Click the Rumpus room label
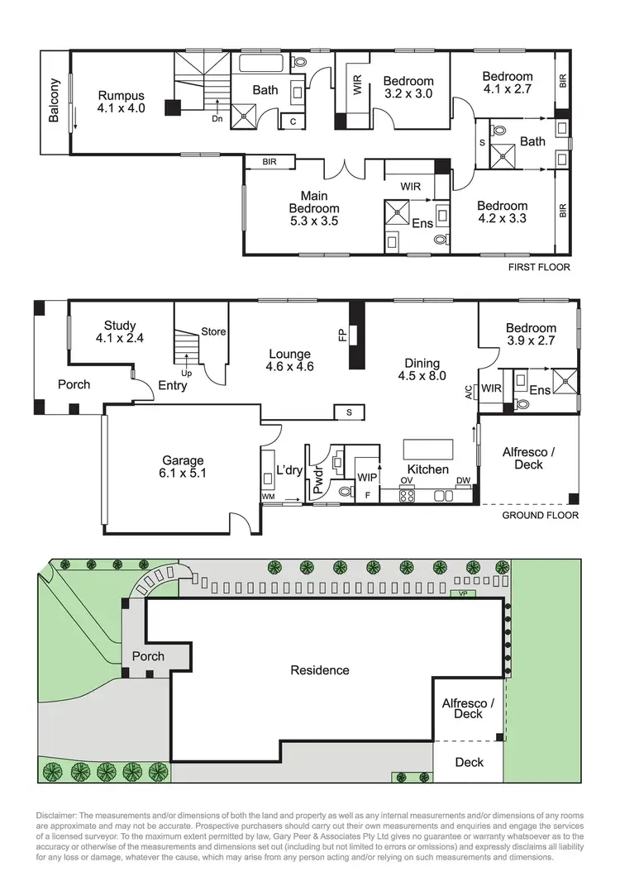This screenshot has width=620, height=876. pos(121,101)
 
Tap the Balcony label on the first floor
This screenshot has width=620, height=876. pos(55,101)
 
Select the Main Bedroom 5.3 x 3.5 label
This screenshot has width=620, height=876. pos(314,208)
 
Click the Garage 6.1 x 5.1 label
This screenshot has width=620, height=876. pos(183,467)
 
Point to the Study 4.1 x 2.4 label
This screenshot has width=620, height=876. pos(120,331)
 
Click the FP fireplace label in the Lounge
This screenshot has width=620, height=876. pos(341,335)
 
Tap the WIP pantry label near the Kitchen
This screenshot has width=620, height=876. pos(367,478)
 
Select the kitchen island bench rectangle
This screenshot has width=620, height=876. pos(428,449)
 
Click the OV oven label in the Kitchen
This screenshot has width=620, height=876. pos(407,480)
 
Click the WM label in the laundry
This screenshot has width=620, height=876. pos(268,496)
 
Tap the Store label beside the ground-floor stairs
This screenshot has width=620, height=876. pos(214,332)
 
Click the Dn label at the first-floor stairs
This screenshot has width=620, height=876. pos(217,118)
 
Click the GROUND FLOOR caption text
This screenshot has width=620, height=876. pos(541,516)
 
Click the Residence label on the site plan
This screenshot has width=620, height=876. pos(320,670)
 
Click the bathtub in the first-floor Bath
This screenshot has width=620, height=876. pos(261,64)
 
